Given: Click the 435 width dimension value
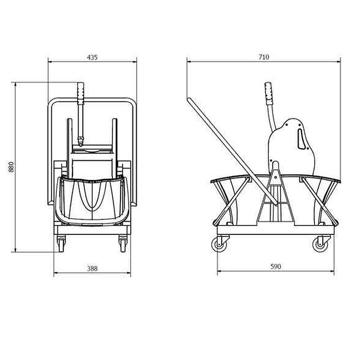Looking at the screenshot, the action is pyautogui.click(x=92, y=57).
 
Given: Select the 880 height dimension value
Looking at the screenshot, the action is pyautogui.click(x=11, y=167).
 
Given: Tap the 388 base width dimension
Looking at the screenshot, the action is pyautogui.click(x=92, y=269).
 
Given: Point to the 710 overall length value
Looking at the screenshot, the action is pyautogui.click(x=264, y=57).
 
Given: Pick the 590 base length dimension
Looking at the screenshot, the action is pyautogui.click(x=276, y=266).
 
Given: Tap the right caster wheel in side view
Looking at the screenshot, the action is pyautogui.click(x=321, y=244).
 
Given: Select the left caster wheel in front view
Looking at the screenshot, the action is pyautogui.click(x=61, y=245).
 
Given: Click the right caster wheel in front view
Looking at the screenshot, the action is pyautogui.click(x=123, y=245).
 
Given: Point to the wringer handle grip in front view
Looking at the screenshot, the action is pyautogui.click(x=81, y=91).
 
